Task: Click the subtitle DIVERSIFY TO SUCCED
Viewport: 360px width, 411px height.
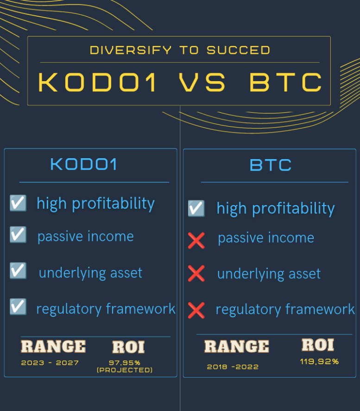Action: coord(180,50)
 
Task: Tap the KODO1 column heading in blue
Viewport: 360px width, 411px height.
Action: coord(83,165)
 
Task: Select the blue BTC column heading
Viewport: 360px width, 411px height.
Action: coord(271,165)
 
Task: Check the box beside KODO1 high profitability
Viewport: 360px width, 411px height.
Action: coord(18,203)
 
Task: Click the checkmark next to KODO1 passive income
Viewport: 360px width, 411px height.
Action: coord(18,235)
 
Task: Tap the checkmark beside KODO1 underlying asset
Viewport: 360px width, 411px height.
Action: coord(18,271)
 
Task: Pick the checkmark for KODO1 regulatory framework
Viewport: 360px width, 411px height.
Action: coord(18,307)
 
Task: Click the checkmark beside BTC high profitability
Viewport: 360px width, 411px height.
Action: coord(196,208)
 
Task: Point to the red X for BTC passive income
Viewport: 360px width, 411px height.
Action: coord(196,240)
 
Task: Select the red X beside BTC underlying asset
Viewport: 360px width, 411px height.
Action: coord(196,274)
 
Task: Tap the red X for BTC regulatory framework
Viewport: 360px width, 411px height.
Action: coord(196,309)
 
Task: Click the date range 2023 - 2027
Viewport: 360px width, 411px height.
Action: coord(50,363)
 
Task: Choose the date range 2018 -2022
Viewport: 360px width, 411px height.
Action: coord(233,366)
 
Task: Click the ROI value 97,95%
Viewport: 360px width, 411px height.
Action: coord(125,362)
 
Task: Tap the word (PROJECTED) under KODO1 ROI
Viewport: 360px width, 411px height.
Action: coord(124,370)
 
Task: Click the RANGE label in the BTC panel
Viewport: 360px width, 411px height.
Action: coord(236,347)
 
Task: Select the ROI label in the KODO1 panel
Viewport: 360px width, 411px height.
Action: coord(128,347)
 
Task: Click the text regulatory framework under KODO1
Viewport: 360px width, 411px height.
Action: coord(106,308)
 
